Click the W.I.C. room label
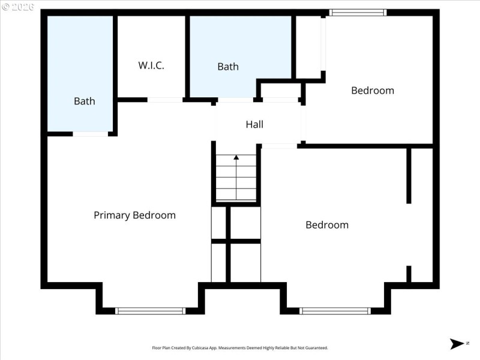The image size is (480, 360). (x=151, y=65)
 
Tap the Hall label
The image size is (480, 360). (x=254, y=125)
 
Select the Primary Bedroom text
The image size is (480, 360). (x=134, y=215)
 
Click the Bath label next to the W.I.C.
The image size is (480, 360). (x=85, y=101)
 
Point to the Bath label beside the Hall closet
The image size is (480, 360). (x=228, y=67)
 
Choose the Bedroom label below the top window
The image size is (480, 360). (x=373, y=91)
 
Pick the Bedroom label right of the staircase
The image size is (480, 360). (x=327, y=225)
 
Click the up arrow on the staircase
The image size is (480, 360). (x=236, y=158)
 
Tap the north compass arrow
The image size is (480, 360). (x=456, y=344)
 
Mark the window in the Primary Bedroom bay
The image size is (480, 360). (x=150, y=311)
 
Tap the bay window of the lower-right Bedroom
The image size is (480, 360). (x=335, y=311)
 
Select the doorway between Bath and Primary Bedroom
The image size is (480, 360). (x=91, y=134)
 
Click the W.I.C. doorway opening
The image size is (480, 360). (x=165, y=100)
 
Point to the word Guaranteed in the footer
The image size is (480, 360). (x=315, y=348)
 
